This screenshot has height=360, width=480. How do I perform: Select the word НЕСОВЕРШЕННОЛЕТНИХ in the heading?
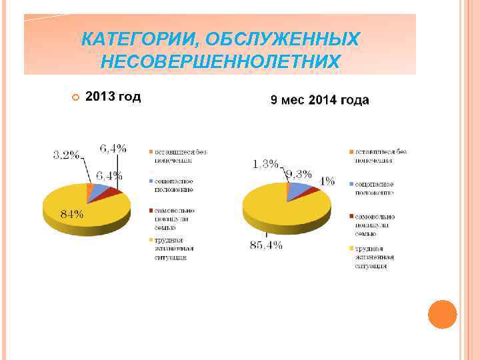pos(220,62)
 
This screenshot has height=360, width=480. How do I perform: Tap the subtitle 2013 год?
pos(113,97)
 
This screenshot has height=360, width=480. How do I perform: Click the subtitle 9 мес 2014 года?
pos(319,100)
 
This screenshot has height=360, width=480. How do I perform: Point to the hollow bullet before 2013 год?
pos(75,98)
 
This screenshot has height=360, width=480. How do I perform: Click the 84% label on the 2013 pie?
pos(72,214)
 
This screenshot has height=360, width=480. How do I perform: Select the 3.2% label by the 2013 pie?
pos(66,155)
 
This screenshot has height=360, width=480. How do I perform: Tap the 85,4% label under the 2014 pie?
pos(266,245)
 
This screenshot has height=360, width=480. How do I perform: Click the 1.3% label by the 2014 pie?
pos(265,164)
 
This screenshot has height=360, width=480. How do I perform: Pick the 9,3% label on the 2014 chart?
pos(298,175)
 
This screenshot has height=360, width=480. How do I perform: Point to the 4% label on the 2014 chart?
pos(327,181)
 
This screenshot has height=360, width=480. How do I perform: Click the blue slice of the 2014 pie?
pos(299,190)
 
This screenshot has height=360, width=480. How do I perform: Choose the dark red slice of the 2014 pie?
pos(312,191)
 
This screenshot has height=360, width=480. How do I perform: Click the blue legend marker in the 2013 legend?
pos(151,181)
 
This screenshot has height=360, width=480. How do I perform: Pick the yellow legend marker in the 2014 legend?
pos(351,249)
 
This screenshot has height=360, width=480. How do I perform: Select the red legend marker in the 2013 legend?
pos(151,210)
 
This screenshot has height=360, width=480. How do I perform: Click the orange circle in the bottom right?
pos(441,314)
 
